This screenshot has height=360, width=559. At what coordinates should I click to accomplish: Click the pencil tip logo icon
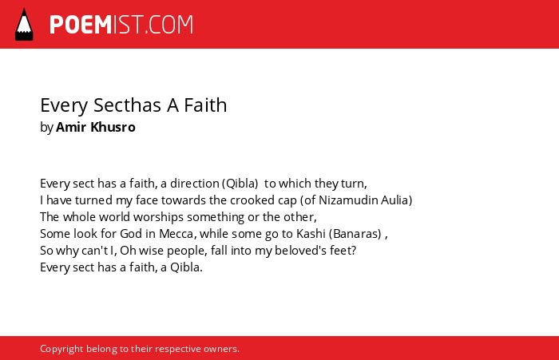24,24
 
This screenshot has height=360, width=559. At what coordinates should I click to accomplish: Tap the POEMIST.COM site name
121,25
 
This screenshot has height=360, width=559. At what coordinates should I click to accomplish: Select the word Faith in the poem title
205,105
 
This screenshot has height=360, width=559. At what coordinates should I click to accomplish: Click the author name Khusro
113,127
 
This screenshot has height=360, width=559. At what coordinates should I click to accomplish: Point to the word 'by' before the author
46,128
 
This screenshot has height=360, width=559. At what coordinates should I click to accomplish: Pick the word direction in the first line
194,184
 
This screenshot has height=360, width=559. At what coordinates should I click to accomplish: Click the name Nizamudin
348,200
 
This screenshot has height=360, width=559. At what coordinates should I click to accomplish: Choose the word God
131,234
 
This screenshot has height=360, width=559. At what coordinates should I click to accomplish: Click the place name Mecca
176,234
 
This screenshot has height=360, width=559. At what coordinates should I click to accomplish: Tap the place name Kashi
311,234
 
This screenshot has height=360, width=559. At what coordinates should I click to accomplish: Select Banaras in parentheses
357,234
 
